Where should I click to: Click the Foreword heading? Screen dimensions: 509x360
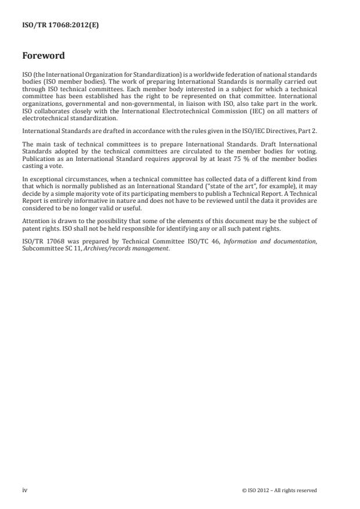(x=44, y=56)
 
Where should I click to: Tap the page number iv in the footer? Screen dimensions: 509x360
(x=25, y=490)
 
